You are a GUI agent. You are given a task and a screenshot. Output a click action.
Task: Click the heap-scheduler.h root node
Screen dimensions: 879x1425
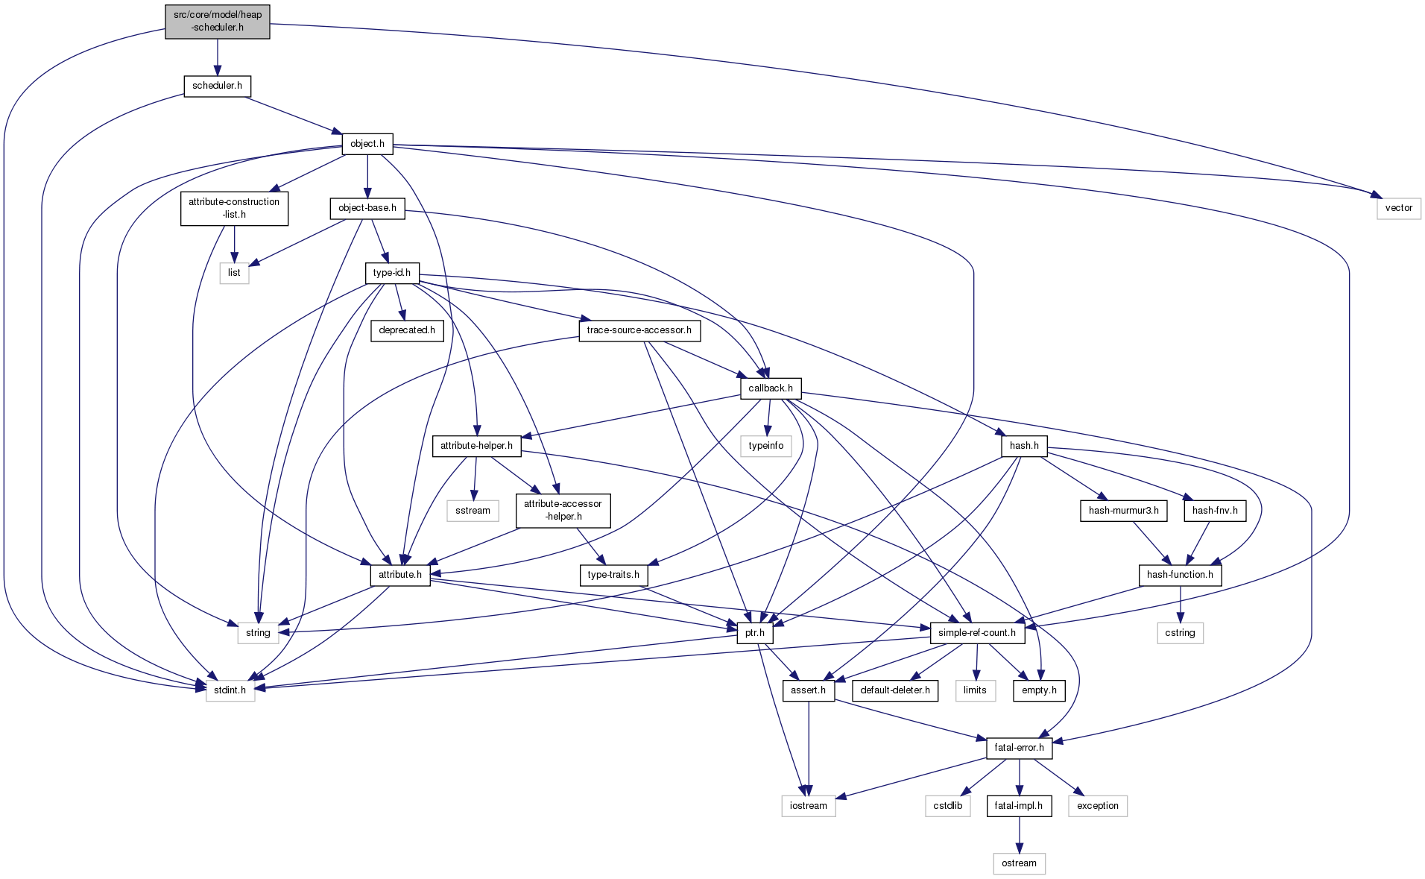pos(218,21)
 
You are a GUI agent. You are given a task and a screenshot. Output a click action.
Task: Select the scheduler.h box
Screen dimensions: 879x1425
pos(217,86)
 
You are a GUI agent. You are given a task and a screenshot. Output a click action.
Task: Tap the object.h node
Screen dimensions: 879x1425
pos(367,144)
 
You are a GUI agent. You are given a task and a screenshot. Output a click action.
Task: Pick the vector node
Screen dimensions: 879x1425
pos(1398,208)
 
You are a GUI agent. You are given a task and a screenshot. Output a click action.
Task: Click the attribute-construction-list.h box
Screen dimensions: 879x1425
pos(234,208)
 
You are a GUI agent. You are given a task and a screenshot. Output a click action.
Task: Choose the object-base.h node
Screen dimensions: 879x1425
pos(367,208)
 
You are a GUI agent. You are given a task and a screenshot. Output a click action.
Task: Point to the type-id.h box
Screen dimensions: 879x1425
pos(392,273)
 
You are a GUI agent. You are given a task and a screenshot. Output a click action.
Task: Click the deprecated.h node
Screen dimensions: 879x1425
pos(407,330)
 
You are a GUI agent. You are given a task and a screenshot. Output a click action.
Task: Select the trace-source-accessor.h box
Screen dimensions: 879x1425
pos(639,330)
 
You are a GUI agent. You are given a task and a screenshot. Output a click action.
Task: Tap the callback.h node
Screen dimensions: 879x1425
pos(771,388)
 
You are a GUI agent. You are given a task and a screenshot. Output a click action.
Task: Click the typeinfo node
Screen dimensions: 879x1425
pos(766,446)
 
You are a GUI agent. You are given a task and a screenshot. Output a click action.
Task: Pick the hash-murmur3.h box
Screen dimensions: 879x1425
pos(1123,511)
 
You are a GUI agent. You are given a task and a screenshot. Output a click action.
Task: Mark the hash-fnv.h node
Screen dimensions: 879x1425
pos(1215,511)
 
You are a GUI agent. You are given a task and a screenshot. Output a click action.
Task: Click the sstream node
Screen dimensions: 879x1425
pos(473,511)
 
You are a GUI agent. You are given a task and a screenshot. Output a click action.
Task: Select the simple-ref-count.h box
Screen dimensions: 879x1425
pos(977,633)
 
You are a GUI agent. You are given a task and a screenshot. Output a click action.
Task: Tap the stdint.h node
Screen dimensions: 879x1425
pos(230,690)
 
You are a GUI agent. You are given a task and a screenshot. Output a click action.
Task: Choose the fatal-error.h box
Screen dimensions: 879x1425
pos(1019,748)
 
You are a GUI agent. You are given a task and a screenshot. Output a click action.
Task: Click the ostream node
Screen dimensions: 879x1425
pos(1019,863)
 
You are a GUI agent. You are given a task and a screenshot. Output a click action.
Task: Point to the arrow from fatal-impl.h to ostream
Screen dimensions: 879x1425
pos(1019,834)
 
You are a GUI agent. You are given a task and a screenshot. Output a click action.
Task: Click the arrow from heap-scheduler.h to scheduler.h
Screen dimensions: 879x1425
pos(218,57)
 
